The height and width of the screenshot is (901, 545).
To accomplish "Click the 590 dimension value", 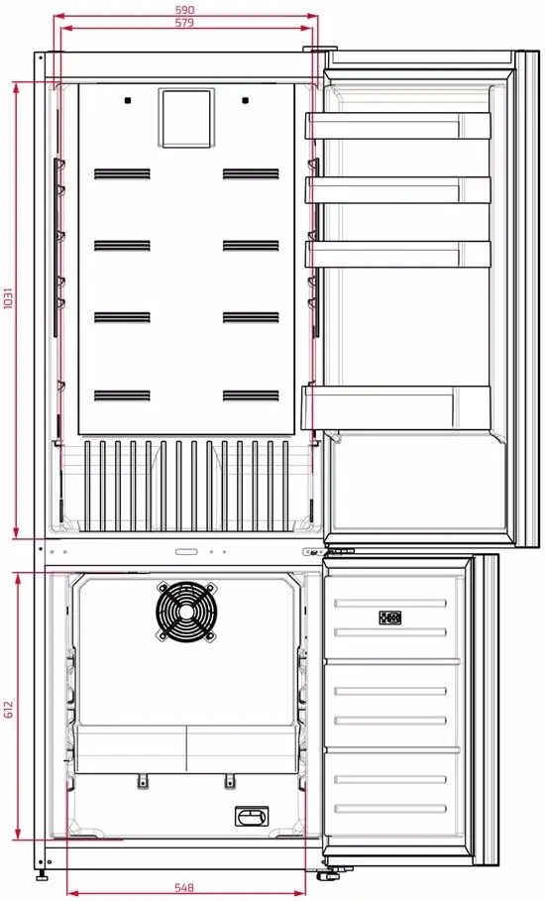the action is click(185, 10).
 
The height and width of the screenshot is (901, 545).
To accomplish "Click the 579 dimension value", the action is click(185, 23).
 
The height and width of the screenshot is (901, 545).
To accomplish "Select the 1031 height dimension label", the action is click(8, 298).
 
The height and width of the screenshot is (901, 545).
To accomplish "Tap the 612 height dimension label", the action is click(8, 709).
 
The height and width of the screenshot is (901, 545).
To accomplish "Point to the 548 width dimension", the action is click(184, 888).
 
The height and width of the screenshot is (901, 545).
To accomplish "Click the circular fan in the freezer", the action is click(186, 611).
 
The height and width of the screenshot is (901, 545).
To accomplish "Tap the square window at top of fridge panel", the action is click(186, 118).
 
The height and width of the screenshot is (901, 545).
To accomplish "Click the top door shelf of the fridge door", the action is click(398, 126).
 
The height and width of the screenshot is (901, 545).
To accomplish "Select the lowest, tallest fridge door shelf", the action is click(396, 407).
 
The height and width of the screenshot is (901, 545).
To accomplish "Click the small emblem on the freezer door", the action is click(390, 618).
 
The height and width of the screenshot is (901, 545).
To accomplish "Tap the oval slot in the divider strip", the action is click(186, 552).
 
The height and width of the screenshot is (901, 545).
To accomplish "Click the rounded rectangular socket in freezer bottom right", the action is click(252, 816).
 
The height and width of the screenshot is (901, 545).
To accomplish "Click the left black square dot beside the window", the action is click(127, 100).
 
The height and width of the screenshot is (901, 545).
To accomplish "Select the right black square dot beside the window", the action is click(246, 100).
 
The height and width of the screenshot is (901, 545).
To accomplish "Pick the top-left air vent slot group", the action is click(122, 173).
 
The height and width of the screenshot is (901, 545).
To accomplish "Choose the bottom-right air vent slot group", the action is click(251, 395).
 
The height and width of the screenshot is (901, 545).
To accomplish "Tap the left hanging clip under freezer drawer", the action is click(143, 781).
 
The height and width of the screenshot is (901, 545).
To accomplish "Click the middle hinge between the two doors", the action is click(322, 552).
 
